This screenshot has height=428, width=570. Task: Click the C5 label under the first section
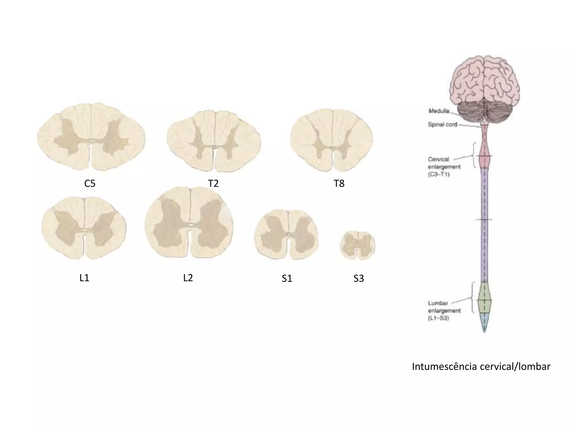pos(90,183)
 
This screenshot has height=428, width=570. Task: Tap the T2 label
pos(213,183)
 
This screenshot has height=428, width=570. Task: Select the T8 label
pos(339,183)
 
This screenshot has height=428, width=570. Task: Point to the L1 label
pos(84,278)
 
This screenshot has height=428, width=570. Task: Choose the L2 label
pos(188,278)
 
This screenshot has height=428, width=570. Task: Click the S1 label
pos(287,278)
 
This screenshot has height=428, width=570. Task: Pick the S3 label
pos(358,278)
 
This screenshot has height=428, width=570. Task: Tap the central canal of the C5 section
pos(91,144)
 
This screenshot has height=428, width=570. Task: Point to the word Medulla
pos(439,111)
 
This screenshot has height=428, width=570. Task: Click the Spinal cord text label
pos(443,125)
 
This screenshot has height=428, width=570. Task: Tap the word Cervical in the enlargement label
pos(438,159)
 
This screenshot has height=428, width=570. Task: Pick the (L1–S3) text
pos(438,318)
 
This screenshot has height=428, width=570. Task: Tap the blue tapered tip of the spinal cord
pos(484,322)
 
